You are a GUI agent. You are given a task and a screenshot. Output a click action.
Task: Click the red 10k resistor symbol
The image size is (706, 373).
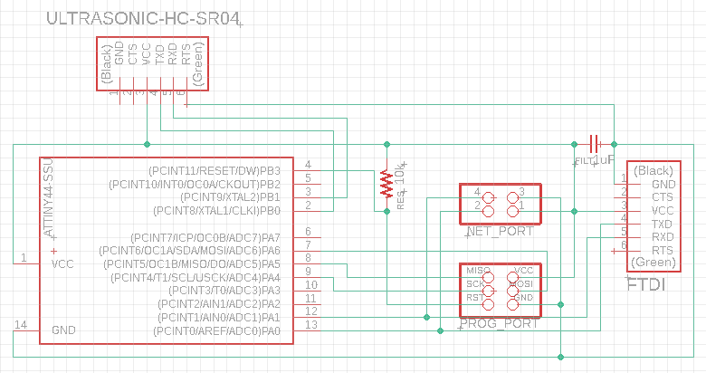386,182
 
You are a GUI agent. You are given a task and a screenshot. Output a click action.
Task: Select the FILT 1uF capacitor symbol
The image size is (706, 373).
595,143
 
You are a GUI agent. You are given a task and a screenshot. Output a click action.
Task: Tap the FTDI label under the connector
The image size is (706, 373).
646,285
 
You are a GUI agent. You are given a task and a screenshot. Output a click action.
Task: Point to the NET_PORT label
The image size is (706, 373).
501,232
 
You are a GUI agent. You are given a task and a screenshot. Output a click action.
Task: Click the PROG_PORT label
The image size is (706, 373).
499,323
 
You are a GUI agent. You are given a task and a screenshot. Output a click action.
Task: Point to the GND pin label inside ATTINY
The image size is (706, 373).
64,330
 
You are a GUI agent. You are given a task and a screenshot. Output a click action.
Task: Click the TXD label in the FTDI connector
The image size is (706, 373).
663,224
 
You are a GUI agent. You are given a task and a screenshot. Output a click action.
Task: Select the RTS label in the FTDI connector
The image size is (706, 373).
663,250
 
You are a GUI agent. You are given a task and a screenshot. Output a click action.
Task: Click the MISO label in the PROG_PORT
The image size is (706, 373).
478,271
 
